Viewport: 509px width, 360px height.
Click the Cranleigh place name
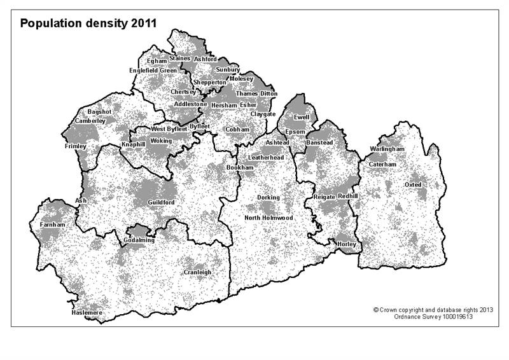pos(197,272)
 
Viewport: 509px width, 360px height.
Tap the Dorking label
pos(268,198)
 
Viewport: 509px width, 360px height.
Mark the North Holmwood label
pos(269,218)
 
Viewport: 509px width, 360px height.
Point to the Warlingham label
pos(387,149)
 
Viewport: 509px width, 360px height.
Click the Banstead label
pos(319,143)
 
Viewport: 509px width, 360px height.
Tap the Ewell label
pos(302,117)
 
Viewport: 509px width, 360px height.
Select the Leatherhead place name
pos(266,156)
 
